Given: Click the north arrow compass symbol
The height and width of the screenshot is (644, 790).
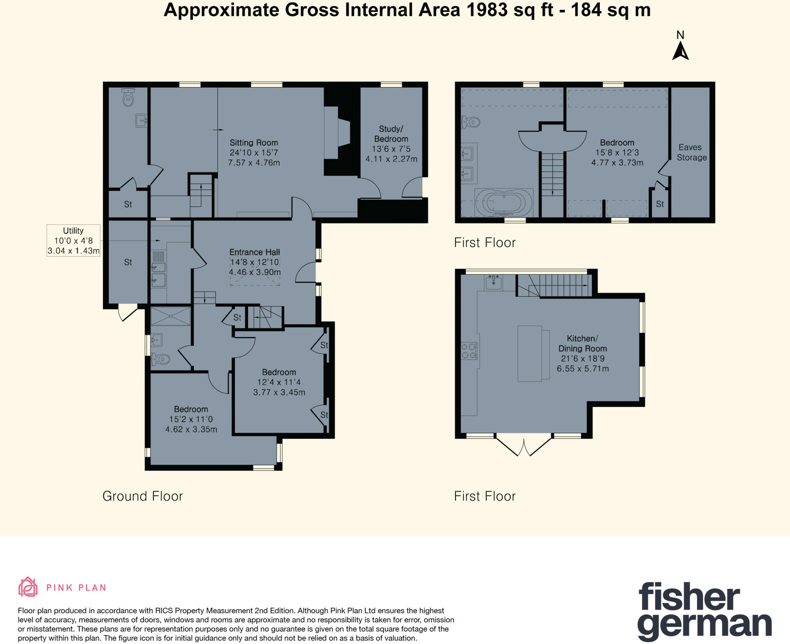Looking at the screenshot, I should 680,52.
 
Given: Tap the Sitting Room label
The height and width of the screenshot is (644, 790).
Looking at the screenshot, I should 253,152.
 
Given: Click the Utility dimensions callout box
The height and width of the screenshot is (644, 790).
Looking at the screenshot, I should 73,240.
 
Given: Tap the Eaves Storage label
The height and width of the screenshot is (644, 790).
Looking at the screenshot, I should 691,152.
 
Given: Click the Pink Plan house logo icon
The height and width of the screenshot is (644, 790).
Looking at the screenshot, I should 28,587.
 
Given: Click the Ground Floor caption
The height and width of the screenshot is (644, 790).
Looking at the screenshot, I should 142,496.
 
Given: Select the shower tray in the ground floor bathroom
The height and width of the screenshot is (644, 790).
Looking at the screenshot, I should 170,316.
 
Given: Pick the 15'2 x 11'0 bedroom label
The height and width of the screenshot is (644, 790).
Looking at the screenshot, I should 191,419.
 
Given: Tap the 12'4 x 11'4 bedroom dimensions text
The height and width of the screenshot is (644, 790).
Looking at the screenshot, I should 279,387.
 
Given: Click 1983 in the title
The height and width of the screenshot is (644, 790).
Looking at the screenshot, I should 487,10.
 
